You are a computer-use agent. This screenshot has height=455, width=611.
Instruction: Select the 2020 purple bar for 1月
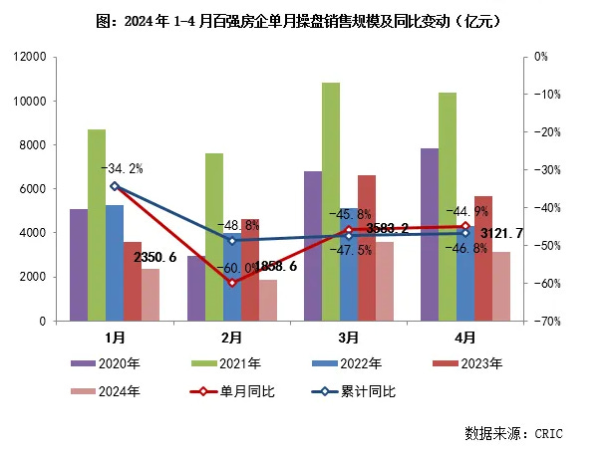point(79,265)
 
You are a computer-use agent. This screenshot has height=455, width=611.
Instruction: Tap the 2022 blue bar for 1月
point(115,263)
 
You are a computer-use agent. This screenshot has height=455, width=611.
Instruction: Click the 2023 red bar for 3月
point(367,248)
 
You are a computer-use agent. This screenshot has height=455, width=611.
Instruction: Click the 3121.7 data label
point(503,234)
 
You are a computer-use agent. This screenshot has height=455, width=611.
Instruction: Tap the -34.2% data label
point(122,168)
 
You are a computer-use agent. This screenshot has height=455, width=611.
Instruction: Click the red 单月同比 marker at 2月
point(232,283)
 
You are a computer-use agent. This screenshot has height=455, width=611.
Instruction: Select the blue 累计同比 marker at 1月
point(115,186)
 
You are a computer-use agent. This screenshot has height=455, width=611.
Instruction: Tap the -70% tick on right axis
point(543,322)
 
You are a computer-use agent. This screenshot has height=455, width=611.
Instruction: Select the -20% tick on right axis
point(543,132)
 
